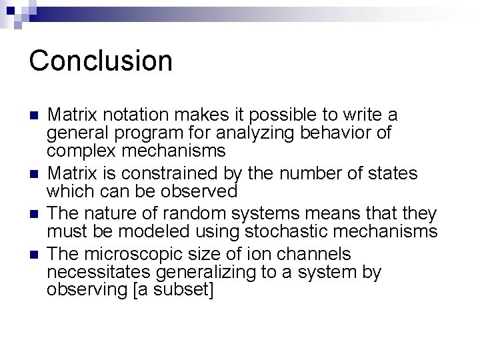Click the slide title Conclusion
[x=101, y=60]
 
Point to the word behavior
[x=337, y=132]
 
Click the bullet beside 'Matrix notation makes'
[x=33, y=115]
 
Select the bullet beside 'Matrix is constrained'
[x=33, y=175]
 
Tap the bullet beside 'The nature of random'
[x=33, y=215]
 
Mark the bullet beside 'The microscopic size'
[x=33, y=255]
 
